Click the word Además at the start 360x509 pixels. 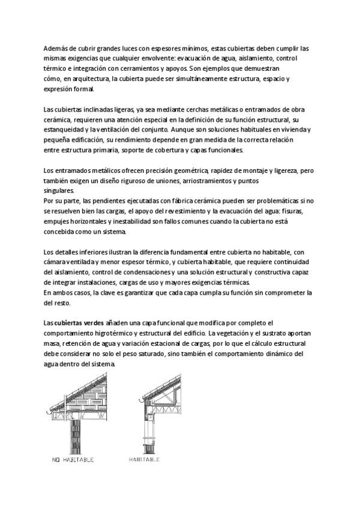(56, 48)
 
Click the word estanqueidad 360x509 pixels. (64, 130)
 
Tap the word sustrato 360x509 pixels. (277, 333)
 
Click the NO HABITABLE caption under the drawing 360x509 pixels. (71, 460)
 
